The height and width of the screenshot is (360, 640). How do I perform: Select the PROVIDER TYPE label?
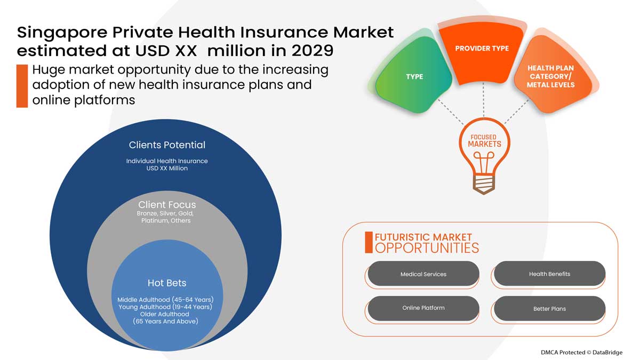482,49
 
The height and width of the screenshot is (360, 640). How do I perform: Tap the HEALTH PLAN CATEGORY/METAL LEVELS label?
551,76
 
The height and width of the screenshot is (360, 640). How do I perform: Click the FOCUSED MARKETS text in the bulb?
484,141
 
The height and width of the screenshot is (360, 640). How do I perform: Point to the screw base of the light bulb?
483,185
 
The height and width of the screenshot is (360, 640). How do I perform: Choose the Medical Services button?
423,274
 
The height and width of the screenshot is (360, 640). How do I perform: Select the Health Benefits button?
549,274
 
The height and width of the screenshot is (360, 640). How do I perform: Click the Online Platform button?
423,308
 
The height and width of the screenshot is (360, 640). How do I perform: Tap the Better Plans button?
549,309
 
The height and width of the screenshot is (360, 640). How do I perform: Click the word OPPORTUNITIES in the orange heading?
427,248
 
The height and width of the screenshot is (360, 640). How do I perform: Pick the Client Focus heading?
167,205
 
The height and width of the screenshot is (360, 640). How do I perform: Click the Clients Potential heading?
167,145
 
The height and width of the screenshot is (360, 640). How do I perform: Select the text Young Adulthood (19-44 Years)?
165,307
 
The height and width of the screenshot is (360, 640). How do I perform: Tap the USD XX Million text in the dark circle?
167,168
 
